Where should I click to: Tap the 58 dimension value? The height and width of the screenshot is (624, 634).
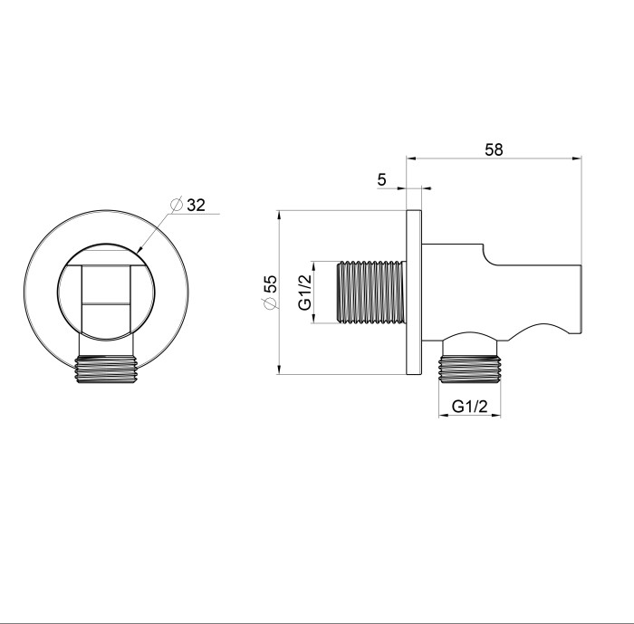[494, 149]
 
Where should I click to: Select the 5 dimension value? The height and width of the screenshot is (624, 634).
[381, 180]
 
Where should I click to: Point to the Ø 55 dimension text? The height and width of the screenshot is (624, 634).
[270, 293]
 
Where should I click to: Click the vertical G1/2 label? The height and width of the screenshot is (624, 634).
[305, 292]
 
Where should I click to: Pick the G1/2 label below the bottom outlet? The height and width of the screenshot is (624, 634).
[470, 407]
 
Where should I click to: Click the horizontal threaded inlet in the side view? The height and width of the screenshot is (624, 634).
[371, 292]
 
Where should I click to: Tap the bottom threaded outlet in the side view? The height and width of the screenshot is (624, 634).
[469, 370]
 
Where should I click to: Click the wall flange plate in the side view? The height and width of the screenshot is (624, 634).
[414, 292]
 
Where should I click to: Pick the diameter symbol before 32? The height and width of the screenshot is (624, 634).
[176, 205]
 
